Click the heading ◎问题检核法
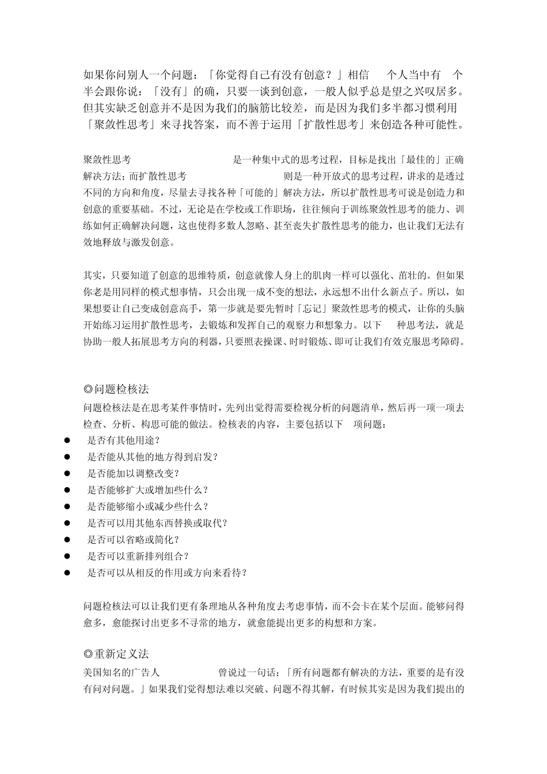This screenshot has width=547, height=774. [116, 390]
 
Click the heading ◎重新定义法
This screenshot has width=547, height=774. [116, 654]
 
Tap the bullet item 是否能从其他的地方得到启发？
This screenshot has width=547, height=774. [152, 457]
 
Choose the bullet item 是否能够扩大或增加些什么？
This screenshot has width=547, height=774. [147, 490]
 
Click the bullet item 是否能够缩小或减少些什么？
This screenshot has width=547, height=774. [147, 506]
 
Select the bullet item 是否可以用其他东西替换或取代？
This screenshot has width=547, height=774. [157, 523]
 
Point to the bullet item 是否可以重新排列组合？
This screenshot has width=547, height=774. [138, 556]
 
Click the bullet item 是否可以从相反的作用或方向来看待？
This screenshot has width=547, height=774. [167, 573]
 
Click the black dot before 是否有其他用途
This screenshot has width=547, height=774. [67, 441]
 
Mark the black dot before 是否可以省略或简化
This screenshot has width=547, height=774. [67, 540]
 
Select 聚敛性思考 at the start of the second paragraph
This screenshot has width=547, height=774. [107, 160]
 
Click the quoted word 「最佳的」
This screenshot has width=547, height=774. [402, 160]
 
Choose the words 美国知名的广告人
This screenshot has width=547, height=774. [121, 672]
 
